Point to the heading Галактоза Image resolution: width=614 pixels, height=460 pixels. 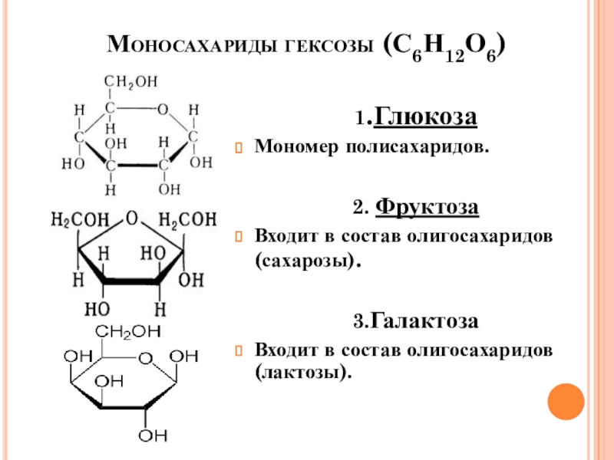click(427, 322)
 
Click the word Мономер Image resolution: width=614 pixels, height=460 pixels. click(289, 146)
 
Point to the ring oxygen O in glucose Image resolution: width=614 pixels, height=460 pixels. click(162, 110)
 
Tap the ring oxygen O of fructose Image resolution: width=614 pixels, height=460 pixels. click(133, 219)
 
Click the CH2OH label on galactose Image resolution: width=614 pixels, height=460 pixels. click(128, 332)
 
